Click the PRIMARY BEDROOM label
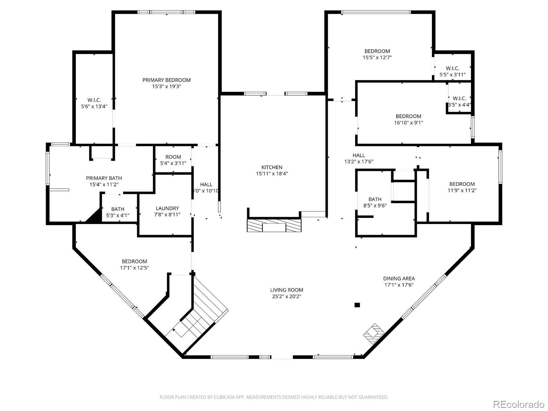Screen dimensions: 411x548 [x=166, y=80]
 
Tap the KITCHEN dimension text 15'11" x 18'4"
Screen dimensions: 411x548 [x=272, y=174]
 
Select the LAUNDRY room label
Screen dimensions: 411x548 [x=167, y=208]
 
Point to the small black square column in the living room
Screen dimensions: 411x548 [x=357, y=305]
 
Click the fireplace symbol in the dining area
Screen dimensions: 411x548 [x=373, y=332]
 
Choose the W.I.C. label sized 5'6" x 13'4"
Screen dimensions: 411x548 [x=94, y=100]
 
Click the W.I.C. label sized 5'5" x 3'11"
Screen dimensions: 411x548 [x=452, y=68]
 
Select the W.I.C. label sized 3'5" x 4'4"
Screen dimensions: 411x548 [x=459, y=98]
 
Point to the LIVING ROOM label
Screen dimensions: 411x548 [x=287, y=290]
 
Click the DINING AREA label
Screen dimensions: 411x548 [x=399, y=278]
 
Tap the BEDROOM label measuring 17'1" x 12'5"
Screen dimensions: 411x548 [x=134, y=261]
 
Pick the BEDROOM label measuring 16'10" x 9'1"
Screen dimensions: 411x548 [x=408, y=116]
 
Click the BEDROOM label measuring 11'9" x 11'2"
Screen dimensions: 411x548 [x=462, y=184]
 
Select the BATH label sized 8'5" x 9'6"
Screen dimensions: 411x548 [x=375, y=199]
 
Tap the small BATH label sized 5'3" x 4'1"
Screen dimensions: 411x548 [x=117, y=209]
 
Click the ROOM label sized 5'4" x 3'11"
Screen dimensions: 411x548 [x=173, y=157]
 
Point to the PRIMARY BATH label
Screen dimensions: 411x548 [x=104, y=178]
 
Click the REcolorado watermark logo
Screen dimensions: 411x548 [x=519, y=404]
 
